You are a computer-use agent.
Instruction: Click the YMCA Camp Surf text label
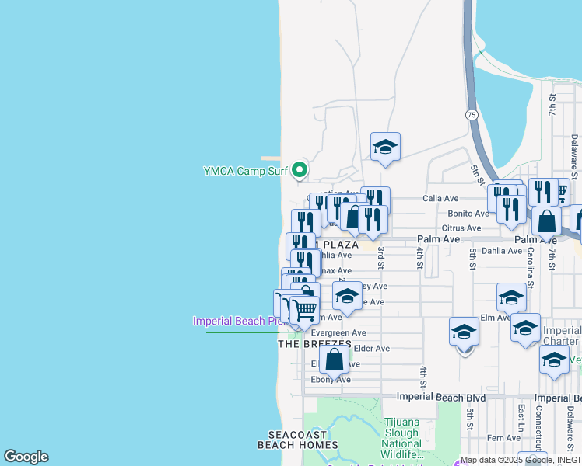tap(245, 171)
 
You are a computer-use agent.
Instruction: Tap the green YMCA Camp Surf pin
tap(299, 169)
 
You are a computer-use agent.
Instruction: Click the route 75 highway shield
tap(472, 114)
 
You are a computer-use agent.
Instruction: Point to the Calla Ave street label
tap(440, 199)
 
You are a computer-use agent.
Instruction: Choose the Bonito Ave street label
tap(468, 214)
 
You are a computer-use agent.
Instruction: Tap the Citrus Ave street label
tap(462, 228)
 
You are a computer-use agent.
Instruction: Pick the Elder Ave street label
tap(371, 349)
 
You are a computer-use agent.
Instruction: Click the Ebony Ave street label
tap(331, 380)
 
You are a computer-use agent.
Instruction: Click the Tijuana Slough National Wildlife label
tap(401, 438)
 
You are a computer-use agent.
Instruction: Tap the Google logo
tap(26, 457)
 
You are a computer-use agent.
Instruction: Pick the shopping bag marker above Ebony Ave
tap(335, 360)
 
